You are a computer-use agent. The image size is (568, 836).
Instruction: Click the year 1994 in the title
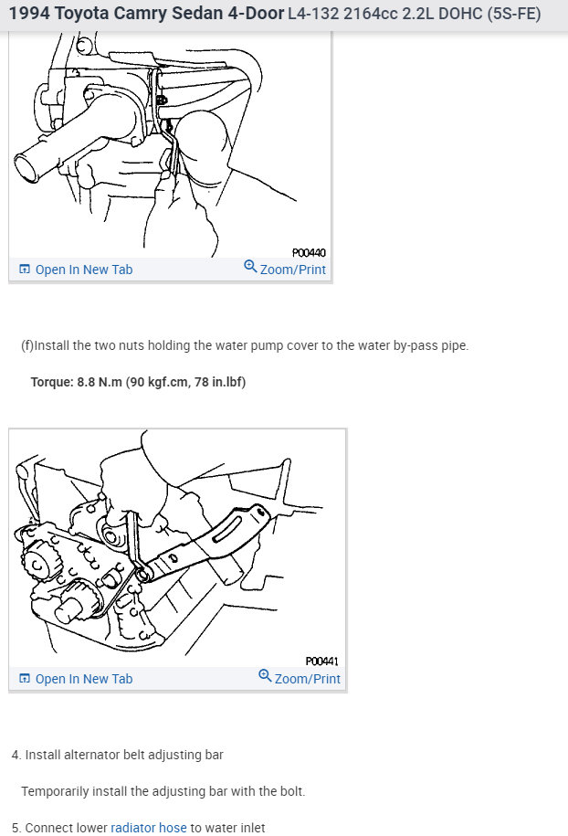[x=28, y=15]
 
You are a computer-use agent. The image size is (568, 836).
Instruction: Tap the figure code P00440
[x=309, y=252]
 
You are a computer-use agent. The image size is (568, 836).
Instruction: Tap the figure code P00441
[x=322, y=661]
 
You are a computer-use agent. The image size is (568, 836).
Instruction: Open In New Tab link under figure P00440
[x=76, y=270]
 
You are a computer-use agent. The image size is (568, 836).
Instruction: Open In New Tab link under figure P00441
[x=76, y=679]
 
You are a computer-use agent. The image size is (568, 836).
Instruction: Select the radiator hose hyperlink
[x=148, y=828]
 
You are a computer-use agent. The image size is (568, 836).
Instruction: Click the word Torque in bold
[x=50, y=382]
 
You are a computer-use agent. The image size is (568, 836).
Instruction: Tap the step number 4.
[x=16, y=755]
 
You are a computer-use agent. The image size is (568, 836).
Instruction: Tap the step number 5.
[x=16, y=828]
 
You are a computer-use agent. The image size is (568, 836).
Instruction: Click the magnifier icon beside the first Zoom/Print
[x=250, y=267]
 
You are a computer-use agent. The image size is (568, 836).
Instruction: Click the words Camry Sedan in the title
[x=169, y=15]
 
